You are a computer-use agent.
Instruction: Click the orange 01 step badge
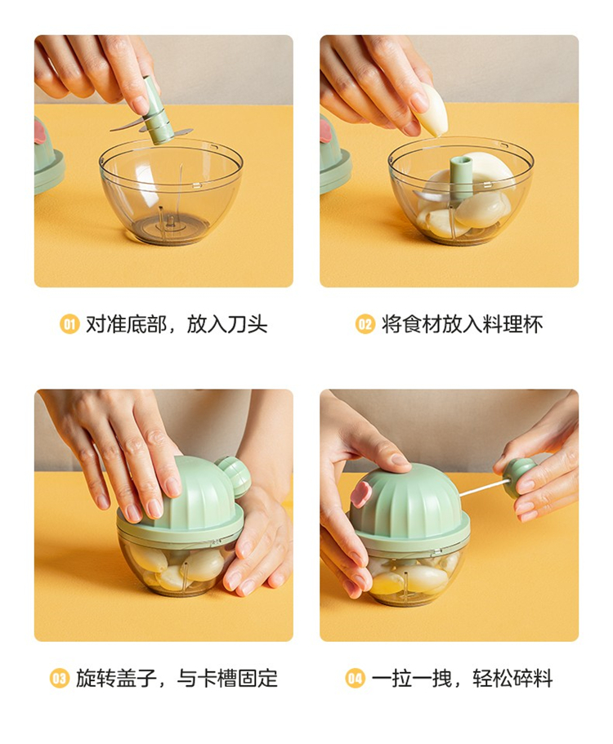69,324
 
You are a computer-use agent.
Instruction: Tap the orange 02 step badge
365,324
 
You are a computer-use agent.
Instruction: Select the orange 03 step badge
60,678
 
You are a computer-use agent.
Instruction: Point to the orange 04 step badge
355,678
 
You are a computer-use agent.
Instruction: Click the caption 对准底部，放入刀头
177,324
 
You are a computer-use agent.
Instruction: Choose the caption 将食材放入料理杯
462,324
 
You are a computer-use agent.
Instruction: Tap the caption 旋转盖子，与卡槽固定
177,678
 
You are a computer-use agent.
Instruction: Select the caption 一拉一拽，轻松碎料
462,678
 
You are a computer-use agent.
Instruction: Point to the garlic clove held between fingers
430,110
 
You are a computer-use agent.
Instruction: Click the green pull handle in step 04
520,477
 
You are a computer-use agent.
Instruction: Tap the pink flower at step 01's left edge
40,131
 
